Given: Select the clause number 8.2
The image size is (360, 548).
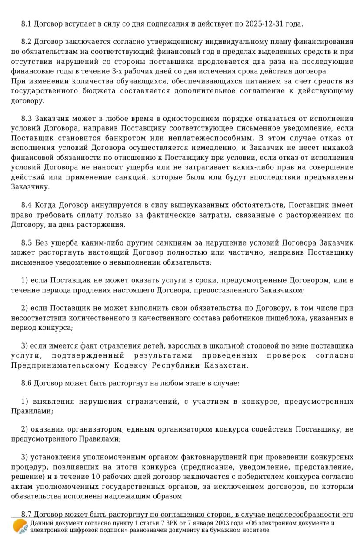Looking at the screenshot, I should click(27, 42).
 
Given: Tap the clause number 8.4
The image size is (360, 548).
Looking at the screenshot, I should click(27, 205).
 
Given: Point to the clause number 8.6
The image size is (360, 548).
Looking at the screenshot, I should click(27, 384).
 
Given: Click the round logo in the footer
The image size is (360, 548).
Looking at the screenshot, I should click(20, 527).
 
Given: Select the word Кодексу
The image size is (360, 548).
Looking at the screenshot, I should click(131, 365).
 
